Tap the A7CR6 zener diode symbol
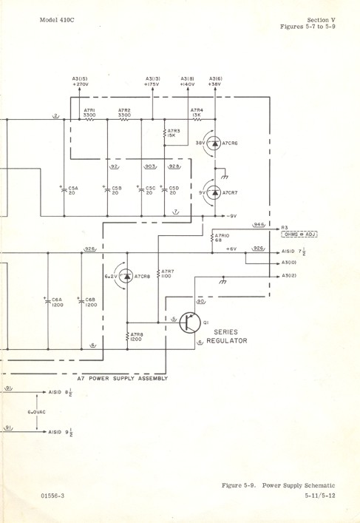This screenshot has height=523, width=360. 214,144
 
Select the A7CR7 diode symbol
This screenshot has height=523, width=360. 214,192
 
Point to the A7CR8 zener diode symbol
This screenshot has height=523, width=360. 125,277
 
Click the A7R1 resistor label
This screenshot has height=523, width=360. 89,112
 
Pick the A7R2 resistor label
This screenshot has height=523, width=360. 124,112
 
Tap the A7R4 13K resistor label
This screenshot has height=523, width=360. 197,112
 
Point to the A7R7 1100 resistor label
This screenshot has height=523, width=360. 169,274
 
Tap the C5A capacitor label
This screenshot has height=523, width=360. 72,190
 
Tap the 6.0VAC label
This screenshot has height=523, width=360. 37,411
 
